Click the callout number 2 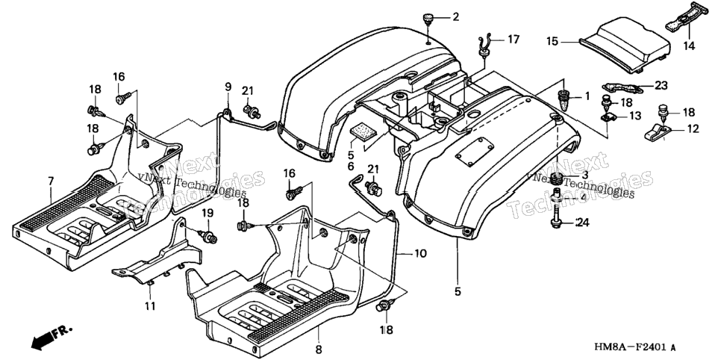pos(456,17)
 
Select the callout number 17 pos(513,40)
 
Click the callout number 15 pos(552,41)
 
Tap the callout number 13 pos(635,116)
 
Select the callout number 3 pos(584,175)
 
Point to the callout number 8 pos(318,349)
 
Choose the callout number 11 pos(150,305)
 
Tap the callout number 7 pos(50,181)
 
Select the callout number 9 pos(228,86)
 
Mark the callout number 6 pos(352,166)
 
